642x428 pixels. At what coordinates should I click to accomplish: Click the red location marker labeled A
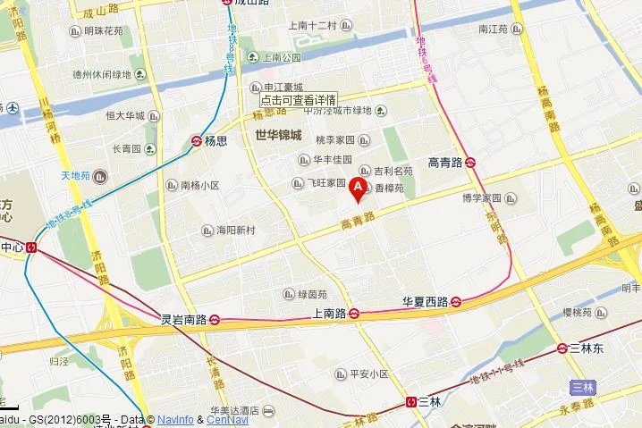click(359, 188)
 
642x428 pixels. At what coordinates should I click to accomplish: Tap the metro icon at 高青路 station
click(471, 163)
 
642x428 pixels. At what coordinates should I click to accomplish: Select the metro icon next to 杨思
click(197, 141)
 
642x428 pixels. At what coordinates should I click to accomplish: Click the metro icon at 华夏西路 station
click(455, 302)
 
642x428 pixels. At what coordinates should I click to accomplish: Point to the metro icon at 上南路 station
click(354, 314)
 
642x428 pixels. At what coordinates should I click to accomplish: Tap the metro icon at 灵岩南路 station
click(215, 319)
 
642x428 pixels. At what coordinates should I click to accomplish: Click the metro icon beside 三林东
click(562, 348)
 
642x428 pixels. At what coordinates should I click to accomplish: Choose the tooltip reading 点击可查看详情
click(299, 100)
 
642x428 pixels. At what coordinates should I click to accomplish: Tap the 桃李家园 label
click(336, 140)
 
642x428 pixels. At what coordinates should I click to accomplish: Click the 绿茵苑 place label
click(312, 294)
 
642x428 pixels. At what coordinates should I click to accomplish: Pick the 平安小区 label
click(367, 373)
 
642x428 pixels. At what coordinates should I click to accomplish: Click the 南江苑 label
click(493, 29)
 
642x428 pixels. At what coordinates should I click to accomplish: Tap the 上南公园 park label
click(283, 58)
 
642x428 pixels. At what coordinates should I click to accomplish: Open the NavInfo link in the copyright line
click(176, 419)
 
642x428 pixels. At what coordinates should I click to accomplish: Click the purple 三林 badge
click(582, 387)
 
